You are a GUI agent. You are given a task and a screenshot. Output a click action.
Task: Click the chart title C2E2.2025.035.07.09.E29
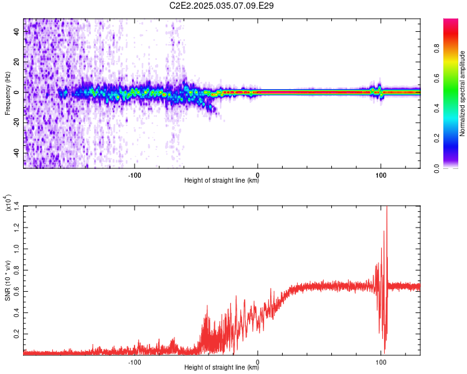click(222, 6)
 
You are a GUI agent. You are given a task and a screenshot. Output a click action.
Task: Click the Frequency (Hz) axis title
click(7, 93)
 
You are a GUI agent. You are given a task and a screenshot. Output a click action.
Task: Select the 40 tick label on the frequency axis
click(17, 31)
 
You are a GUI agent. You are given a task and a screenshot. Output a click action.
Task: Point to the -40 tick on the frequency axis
click(17, 153)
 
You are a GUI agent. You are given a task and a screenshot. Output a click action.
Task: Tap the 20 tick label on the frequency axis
click(17, 62)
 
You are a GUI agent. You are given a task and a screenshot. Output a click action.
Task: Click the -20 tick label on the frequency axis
click(17, 123)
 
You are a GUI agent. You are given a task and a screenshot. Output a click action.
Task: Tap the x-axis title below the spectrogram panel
click(222, 181)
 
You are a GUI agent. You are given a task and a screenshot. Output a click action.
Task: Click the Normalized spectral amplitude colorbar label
click(463, 93)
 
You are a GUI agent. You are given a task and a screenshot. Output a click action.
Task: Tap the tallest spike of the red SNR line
click(387, 207)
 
